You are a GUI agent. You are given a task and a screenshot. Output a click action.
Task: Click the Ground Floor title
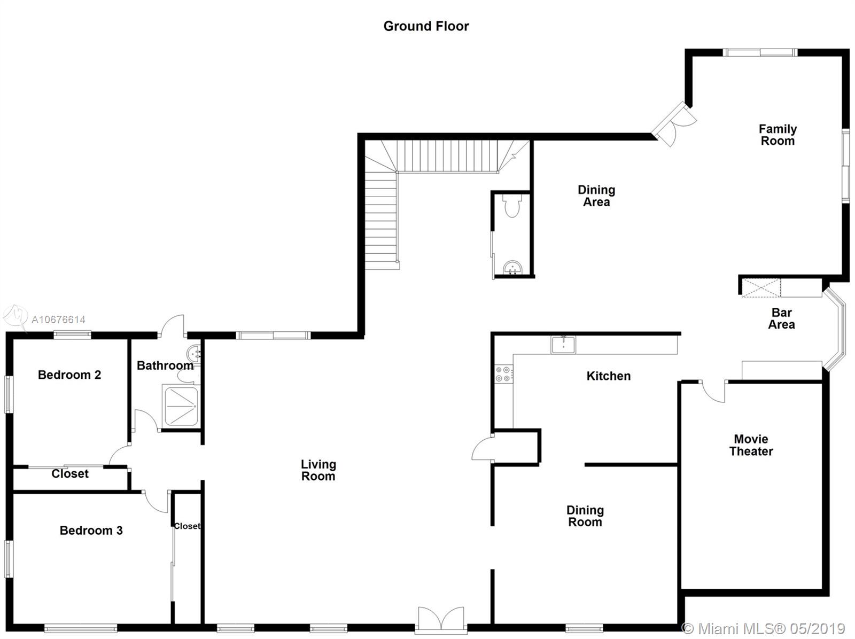pos(426,26)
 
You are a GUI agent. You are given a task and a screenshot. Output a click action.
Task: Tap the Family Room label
pos(778,135)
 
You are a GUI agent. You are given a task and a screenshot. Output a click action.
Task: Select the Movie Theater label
pos(751,445)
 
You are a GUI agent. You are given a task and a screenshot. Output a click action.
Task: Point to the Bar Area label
pos(781,318)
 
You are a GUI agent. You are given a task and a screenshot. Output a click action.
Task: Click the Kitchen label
pos(609,376)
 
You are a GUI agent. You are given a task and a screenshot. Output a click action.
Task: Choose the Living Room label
pos(318,470)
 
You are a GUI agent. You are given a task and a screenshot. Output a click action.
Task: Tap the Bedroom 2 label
pos(69,375)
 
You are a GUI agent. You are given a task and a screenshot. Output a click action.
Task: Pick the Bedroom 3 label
pos(91,531)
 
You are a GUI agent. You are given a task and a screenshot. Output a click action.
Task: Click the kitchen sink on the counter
pos(563,345)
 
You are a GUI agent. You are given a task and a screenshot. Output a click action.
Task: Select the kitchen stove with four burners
pos(504,374)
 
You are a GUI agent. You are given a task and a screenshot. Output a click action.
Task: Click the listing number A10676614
pos(58,319)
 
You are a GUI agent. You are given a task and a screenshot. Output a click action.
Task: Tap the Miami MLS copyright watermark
pos(764,628)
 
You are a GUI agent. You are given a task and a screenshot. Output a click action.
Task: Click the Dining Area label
pos(596,196)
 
